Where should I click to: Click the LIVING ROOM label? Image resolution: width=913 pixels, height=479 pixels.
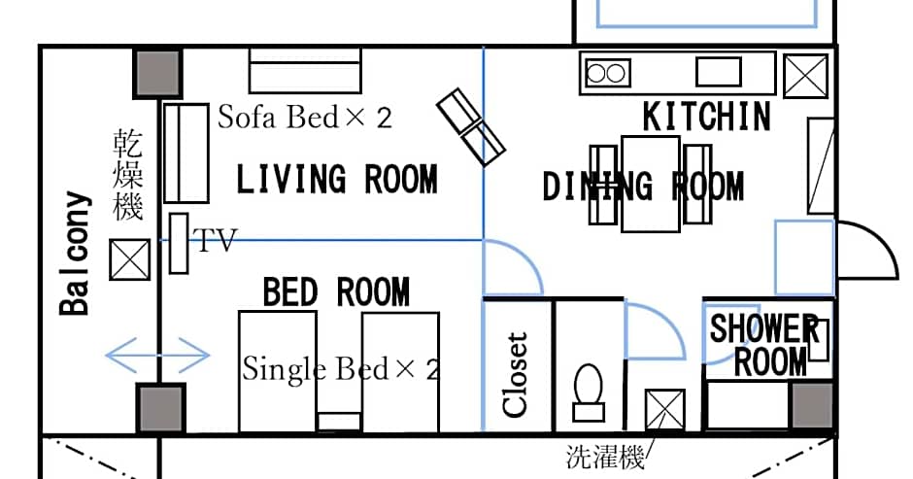337,180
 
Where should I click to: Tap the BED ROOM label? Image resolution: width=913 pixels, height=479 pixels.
336,291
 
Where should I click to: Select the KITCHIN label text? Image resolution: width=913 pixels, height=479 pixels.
707,117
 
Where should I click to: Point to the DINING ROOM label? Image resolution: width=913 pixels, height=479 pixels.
643,187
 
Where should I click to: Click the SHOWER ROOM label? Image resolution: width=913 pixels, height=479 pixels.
765,345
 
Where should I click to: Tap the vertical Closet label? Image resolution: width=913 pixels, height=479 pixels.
517,375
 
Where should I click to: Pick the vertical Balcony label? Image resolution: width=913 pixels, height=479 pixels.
75,255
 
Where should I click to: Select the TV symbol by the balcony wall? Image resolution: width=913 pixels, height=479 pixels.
178,243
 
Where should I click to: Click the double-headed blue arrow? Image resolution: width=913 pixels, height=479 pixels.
156,355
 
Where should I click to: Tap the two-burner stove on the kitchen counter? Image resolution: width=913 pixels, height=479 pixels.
607,72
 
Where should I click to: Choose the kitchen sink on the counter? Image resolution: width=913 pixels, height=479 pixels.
718,72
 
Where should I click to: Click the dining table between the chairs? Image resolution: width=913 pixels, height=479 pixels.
650,185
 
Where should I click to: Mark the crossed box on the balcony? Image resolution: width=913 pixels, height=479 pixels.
127,260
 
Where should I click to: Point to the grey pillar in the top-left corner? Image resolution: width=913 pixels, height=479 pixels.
156,73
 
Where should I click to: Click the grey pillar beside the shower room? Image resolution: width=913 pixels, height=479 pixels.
811,405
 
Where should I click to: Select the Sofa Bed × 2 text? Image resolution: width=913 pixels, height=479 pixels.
304,119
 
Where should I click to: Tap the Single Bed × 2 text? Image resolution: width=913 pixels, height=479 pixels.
340,369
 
